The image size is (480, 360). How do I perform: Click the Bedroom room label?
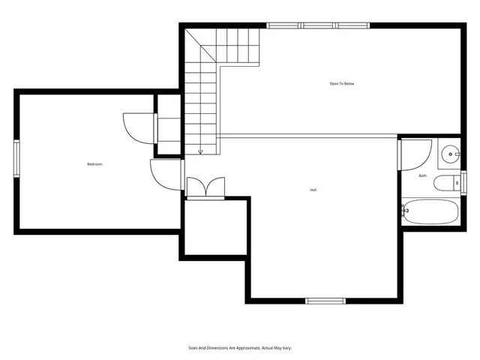pos(94,164)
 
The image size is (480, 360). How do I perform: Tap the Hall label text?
pos(312,190)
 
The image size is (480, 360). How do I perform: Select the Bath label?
pos(422,175)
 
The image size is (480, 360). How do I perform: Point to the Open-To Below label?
pos(342,83)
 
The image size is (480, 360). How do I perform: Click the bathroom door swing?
pos(413,154)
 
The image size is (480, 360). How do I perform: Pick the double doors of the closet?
pos(205,188)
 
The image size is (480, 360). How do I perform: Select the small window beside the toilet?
pos(463,182)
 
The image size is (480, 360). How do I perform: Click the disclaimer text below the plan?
pos(239,348)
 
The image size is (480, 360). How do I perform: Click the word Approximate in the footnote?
pos(243,348)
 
